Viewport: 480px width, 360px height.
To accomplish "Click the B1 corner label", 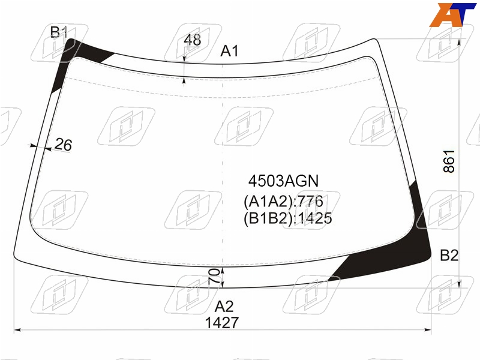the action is click(59, 32).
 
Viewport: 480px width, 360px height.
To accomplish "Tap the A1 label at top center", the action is click(229, 51).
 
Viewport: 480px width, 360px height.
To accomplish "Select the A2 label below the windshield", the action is click(224, 306).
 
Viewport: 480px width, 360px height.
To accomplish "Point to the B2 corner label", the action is click(449, 256).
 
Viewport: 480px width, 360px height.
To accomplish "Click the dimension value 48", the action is click(193, 40).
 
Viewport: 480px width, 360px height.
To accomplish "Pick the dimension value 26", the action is click(64, 145).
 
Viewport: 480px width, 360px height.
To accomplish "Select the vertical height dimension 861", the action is click(449, 161).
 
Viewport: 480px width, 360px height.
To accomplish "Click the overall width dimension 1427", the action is click(221, 323).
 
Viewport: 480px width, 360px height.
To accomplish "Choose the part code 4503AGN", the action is click(283, 181).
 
